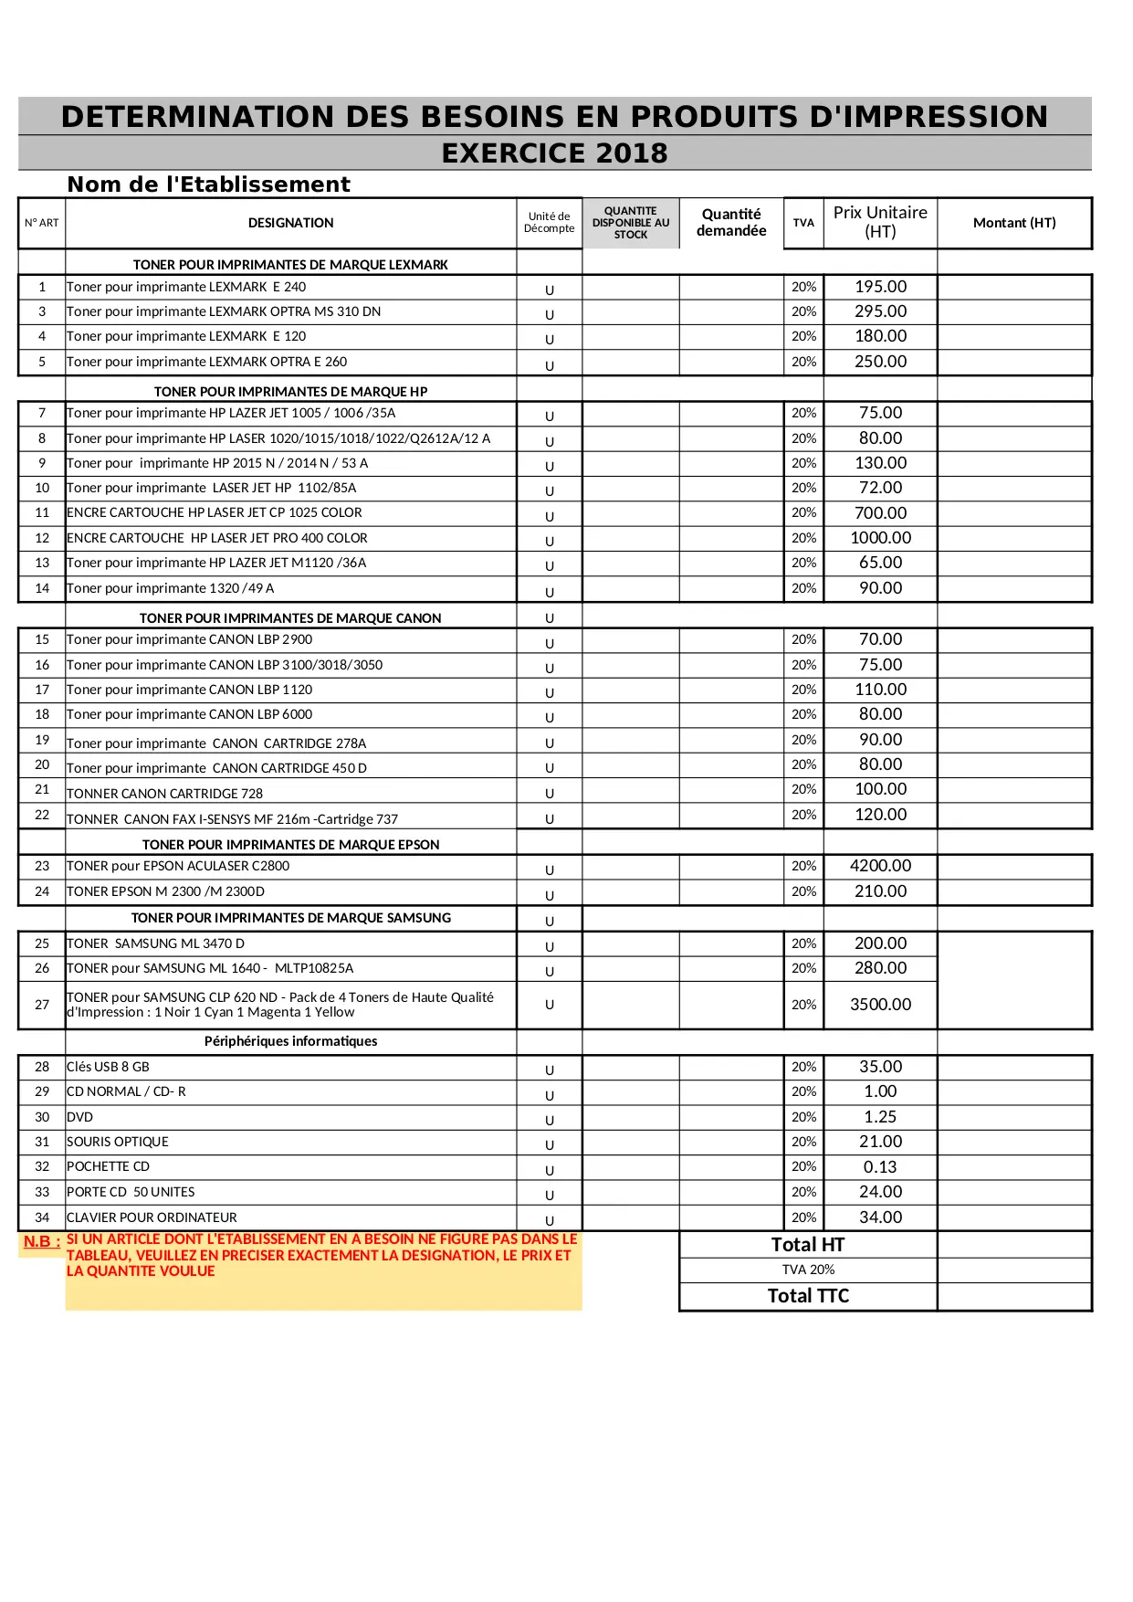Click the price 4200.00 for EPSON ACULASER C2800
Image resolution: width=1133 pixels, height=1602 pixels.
pos(880,866)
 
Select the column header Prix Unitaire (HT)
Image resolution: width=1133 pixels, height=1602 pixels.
pos(880,222)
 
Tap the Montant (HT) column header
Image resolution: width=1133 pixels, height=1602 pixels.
pos(1014,223)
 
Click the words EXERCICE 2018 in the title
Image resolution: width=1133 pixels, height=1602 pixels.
pos(554,153)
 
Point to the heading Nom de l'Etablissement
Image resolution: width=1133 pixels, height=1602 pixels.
pos(208,184)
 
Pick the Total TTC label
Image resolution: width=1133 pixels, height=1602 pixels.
pos(808,1296)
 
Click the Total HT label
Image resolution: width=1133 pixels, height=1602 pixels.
pos(808,1245)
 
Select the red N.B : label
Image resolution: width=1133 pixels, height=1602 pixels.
pos(42,1242)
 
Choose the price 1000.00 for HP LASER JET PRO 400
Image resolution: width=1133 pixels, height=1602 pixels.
pos(880,538)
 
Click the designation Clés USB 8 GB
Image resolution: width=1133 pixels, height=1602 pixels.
pos(108,1067)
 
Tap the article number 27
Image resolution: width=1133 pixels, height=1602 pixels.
pos(42,1005)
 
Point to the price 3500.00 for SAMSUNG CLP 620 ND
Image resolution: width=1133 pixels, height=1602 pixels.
pos(880,1005)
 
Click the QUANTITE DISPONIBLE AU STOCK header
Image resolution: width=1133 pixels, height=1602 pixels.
pos(631,223)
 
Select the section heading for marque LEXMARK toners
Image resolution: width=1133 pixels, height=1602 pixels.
pos(290,265)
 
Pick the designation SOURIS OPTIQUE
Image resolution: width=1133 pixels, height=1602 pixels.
pos(118,1142)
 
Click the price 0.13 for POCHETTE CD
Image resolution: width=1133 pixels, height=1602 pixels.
pos(880,1167)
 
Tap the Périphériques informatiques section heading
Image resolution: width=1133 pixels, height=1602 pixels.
pos(290,1041)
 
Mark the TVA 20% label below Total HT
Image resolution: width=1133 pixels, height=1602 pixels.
pos(808,1270)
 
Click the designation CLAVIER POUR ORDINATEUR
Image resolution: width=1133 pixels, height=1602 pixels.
pos(152,1217)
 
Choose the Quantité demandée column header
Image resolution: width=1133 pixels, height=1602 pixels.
pos(731,222)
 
